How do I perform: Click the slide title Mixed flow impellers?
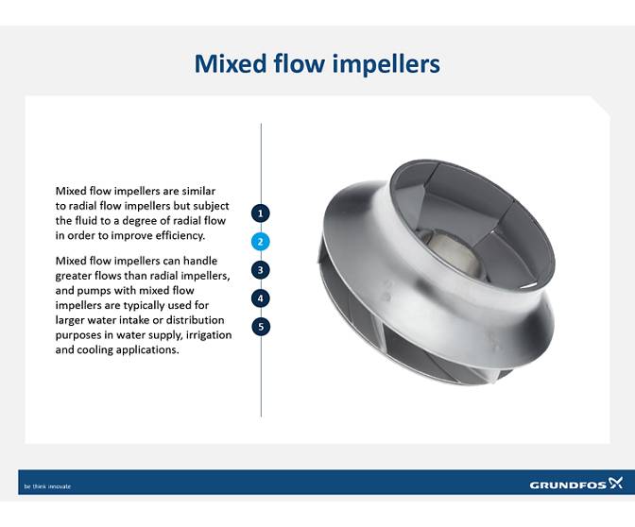pos(317,63)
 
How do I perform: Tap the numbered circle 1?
pos(262,212)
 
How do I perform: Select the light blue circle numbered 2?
pos(262,241)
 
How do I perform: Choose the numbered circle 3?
pos(262,269)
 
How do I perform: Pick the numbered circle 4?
pos(262,298)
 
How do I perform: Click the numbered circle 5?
pos(262,327)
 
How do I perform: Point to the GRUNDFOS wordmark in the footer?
pos(567,484)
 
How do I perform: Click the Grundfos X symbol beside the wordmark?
pos(616,483)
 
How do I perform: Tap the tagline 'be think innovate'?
pos(47,486)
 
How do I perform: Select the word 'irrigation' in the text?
pos(199,335)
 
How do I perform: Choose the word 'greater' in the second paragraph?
pos(75,276)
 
